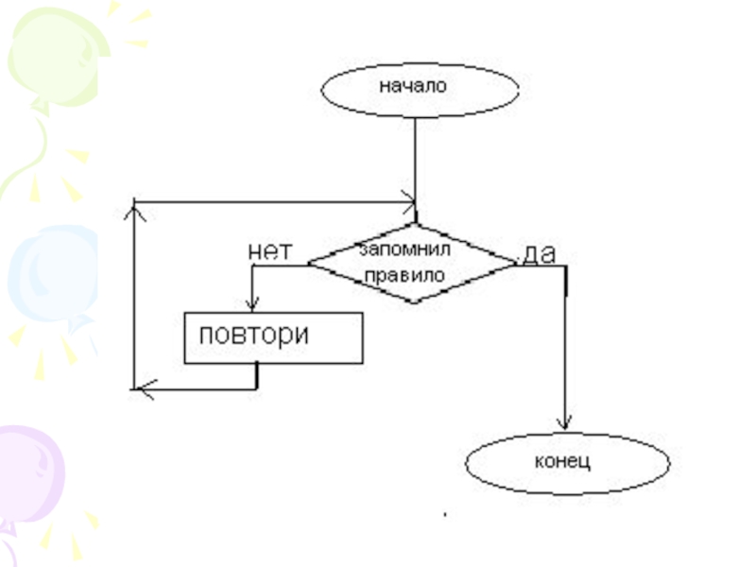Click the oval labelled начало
[420, 88]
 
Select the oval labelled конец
[568, 463]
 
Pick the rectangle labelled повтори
[273, 337]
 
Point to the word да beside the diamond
[539, 252]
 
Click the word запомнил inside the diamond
[396, 249]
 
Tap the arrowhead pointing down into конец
[565, 424]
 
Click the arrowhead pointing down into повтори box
[252, 304]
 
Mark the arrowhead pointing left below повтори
[142, 387]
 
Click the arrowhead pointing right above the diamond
[408, 200]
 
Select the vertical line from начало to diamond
[415, 161]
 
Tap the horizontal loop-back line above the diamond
[274, 200]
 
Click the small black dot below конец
[444, 515]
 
